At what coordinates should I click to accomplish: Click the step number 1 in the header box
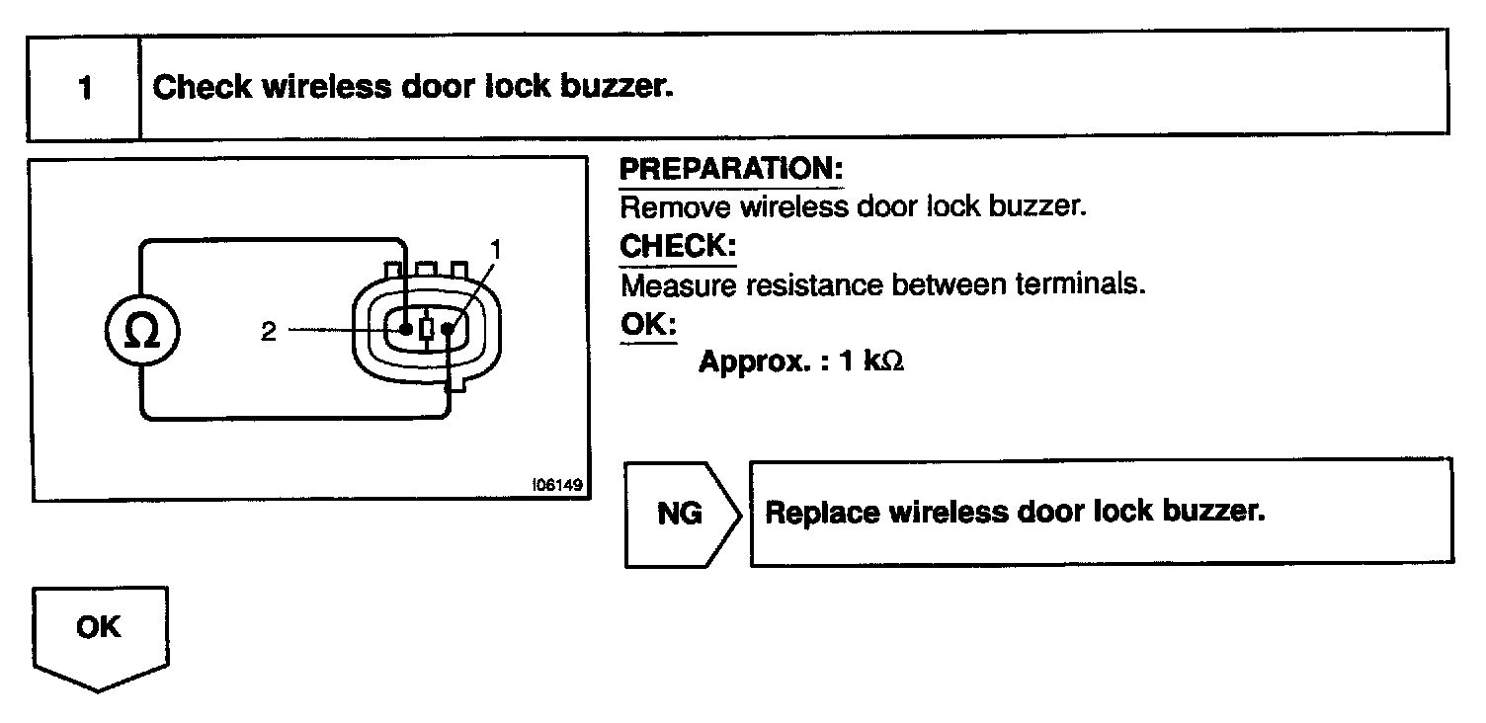pyautogui.click(x=85, y=88)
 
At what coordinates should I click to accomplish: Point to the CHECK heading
pyautogui.click(x=678, y=246)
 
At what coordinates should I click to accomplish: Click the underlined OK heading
pyautogui.click(x=647, y=324)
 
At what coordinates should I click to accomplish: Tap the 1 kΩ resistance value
pyautogui.click(x=871, y=361)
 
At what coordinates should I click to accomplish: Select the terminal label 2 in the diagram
pyautogui.click(x=269, y=332)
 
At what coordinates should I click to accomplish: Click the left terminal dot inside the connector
pyautogui.click(x=405, y=327)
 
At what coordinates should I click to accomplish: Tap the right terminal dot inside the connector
pyautogui.click(x=449, y=328)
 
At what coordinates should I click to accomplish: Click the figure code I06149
pyautogui.click(x=555, y=485)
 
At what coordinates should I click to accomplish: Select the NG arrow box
pyautogui.click(x=682, y=514)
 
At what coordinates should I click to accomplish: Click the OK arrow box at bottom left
pyautogui.click(x=99, y=632)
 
